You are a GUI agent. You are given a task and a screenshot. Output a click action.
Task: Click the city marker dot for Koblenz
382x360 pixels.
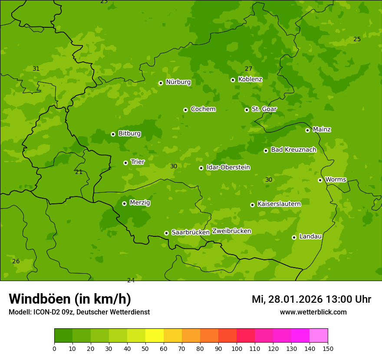(x=233, y=80)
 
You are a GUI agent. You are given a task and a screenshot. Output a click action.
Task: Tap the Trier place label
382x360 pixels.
(x=138, y=162)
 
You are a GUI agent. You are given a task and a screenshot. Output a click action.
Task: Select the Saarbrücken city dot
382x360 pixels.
(x=166, y=233)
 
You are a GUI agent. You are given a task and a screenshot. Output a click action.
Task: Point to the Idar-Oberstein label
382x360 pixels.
(x=228, y=167)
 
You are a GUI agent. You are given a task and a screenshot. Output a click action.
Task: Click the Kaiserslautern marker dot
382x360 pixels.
(x=252, y=205)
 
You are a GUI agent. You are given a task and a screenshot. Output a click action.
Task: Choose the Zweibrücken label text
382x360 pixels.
(x=231, y=231)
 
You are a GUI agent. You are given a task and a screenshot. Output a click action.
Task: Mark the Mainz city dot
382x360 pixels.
(x=307, y=130)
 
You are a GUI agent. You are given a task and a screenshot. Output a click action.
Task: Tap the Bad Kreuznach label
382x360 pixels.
(x=293, y=150)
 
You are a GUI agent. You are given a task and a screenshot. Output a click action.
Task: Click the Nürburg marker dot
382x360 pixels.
(x=161, y=83)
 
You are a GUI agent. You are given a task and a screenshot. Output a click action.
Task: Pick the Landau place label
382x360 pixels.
(x=310, y=236)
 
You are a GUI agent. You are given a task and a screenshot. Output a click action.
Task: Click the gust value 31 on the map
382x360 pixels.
(x=36, y=69)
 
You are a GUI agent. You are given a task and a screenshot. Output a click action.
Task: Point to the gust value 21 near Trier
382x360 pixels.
(x=79, y=172)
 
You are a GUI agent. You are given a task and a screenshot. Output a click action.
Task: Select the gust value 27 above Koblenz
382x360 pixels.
(x=248, y=69)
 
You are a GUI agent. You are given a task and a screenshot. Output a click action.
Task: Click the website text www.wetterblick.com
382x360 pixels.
(x=313, y=312)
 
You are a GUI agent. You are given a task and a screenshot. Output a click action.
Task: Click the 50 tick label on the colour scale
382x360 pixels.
(x=145, y=348)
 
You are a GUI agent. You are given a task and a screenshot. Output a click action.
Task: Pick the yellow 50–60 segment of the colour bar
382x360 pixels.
(x=155, y=336)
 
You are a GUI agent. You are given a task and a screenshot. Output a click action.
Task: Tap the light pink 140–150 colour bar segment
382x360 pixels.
(x=319, y=336)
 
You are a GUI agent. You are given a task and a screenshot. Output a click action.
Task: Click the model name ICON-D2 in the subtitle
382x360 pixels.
(x=46, y=312)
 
